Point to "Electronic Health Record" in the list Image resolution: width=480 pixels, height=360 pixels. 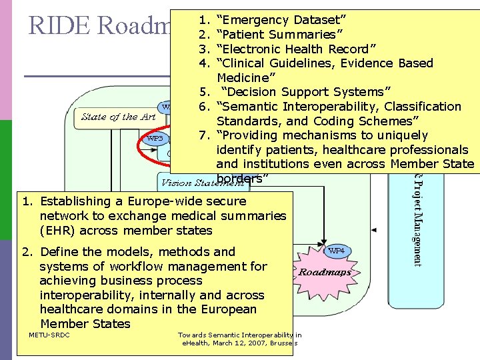297,49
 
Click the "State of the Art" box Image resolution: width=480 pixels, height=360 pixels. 119,117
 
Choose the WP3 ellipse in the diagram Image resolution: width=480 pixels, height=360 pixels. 155,139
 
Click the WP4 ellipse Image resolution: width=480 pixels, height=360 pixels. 337,251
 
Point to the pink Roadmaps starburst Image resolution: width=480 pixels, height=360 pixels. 325,272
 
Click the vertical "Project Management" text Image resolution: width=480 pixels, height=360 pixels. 417,220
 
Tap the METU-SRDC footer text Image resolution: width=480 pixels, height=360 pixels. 49,334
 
